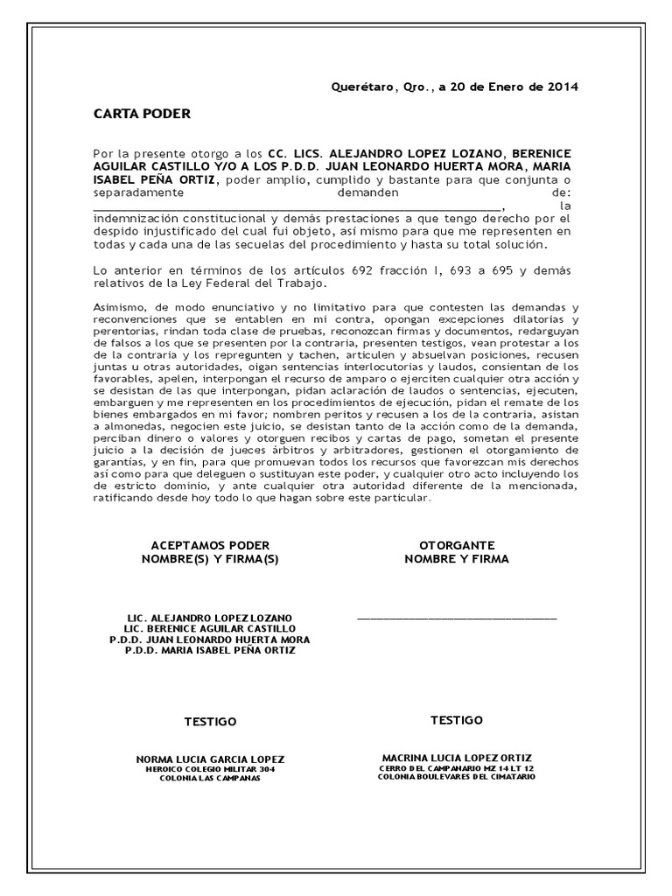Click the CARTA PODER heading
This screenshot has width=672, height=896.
pyautogui.click(x=141, y=115)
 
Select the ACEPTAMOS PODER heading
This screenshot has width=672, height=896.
pyautogui.click(x=210, y=544)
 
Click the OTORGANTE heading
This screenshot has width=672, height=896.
pyautogui.click(x=457, y=544)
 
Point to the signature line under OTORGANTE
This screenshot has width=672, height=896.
pyautogui.click(x=457, y=619)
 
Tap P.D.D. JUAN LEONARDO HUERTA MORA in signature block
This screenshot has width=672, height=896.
pyautogui.click(x=210, y=640)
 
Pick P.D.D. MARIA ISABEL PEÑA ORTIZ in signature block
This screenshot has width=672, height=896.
pyautogui.click(x=210, y=651)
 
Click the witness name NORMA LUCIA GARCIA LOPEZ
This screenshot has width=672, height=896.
pyautogui.click(x=210, y=759)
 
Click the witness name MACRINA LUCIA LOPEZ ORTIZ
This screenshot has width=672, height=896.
pyautogui.click(x=457, y=757)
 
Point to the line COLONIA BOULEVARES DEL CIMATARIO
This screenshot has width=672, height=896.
pyautogui.click(x=457, y=776)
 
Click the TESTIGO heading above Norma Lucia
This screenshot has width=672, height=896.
pyautogui.click(x=210, y=722)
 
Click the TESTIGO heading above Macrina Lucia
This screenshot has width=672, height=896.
pyautogui.click(x=457, y=720)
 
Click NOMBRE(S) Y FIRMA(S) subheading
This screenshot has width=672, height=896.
pyautogui.click(x=210, y=558)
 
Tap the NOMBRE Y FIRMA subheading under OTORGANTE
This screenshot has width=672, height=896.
pyautogui.click(x=457, y=558)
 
